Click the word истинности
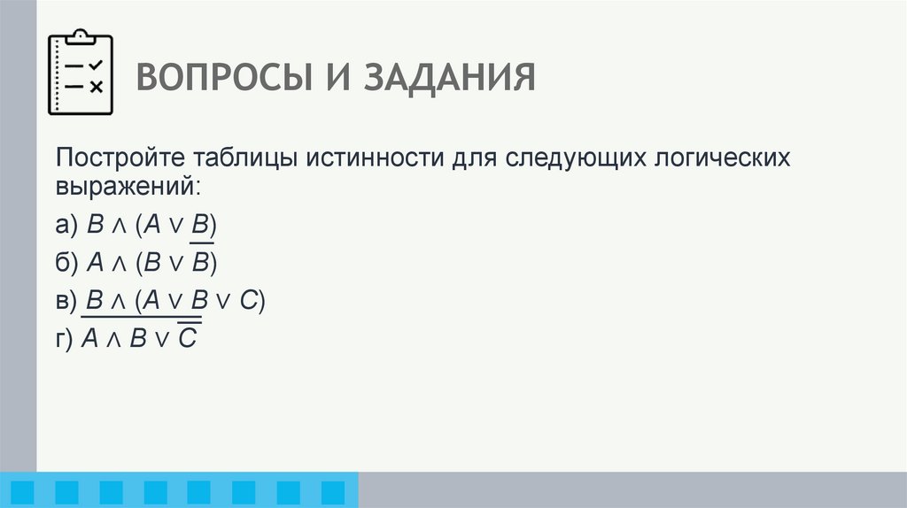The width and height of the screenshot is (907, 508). point(375,158)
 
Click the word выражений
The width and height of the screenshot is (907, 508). point(128,188)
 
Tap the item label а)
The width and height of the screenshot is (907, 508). point(66,226)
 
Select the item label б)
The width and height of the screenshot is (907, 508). point(66,264)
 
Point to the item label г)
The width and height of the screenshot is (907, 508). point(65,340)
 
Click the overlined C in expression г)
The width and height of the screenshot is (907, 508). point(187,340)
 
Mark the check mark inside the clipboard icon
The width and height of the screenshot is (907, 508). point(96,65)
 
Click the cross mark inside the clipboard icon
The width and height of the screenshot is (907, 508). point(96,86)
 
